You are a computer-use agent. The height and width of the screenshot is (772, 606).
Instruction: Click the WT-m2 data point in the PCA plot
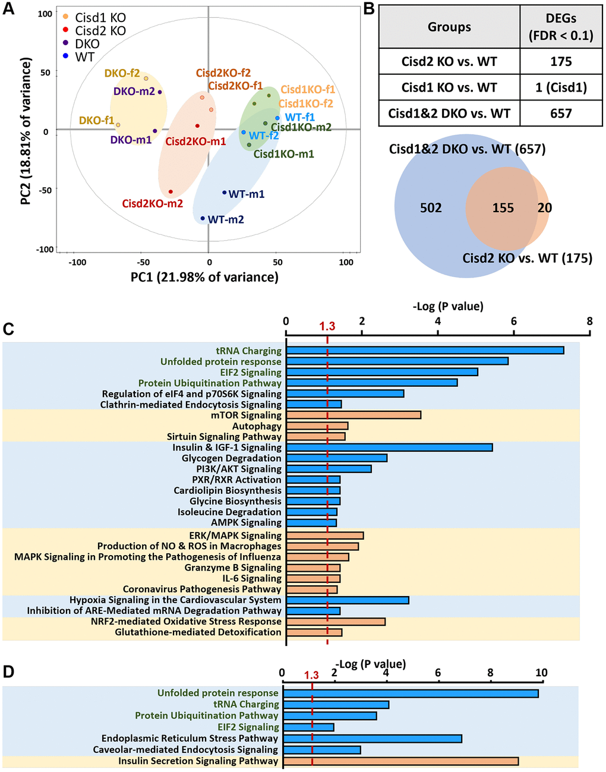[203, 218]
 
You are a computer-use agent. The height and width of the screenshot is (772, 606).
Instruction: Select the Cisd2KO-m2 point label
[152, 204]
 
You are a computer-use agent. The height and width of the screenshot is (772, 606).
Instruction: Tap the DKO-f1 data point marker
[118, 125]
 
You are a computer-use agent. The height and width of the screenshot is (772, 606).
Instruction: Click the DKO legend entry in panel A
[87, 44]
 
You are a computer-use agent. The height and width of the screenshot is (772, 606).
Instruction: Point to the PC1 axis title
[204, 277]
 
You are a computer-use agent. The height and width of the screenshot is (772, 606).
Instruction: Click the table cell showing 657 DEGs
[561, 113]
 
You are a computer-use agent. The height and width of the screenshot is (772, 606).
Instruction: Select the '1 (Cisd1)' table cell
[561, 87]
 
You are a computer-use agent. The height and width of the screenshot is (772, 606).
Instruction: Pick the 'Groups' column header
[449, 27]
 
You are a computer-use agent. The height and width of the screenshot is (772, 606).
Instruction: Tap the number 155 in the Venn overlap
[503, 208]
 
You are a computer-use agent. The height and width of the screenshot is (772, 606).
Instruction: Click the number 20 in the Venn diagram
[544, 208]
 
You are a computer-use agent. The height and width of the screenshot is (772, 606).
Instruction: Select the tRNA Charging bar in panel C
[425, 351]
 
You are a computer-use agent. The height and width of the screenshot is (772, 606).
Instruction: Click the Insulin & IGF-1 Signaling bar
[389, 447]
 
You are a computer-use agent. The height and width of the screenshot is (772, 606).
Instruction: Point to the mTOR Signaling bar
[353, 415]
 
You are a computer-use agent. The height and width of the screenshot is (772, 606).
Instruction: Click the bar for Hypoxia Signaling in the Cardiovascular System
[348, 600]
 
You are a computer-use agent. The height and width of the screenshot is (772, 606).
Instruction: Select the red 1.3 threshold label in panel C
[327, 326]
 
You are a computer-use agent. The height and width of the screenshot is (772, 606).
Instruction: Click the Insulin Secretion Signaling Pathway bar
[400, 761]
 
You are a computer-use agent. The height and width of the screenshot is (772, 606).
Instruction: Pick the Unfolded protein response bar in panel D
[411, 693]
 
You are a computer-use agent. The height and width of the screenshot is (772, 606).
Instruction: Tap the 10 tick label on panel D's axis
[541, 673]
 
